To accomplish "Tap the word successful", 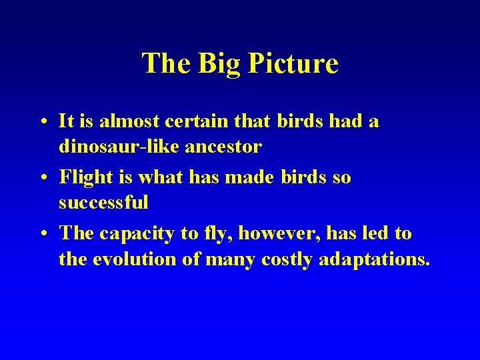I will (x=103, y=202).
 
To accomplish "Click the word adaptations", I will (x=375, y=259).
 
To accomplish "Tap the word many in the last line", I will (x=224, y=259).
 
